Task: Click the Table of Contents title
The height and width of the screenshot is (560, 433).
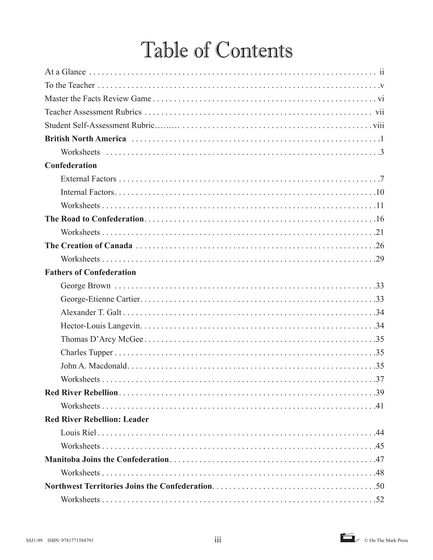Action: [x=216, y=50]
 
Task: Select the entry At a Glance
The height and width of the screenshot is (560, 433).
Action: [x=65, y=72]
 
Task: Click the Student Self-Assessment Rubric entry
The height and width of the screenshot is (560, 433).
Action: [x=100, y=125]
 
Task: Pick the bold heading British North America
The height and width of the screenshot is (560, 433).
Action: [x=85, y=139]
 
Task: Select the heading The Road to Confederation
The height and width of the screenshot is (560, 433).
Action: [x=94, y=219]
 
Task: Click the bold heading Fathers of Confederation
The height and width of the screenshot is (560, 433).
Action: [x=90, y=272]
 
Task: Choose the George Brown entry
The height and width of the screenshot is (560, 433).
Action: [x=85, y=286]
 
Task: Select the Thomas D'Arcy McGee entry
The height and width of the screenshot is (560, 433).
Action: [x=102, y=339]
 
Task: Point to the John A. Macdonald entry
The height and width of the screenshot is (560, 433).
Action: [x=94, y=366]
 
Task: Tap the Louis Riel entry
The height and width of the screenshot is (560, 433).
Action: [x=78, y=433]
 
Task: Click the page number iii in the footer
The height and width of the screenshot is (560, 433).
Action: [x=218, y=540]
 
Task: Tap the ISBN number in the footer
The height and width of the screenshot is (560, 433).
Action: [x=71, y=541]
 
